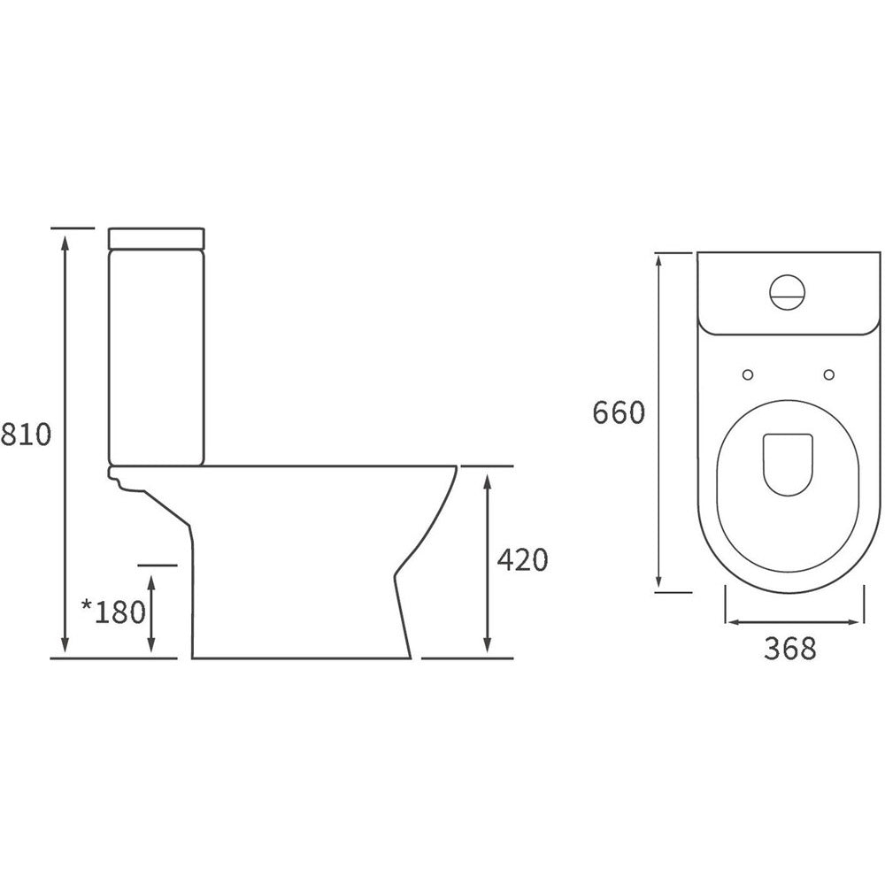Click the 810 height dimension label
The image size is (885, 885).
pyautogui.click(x=26, y=435)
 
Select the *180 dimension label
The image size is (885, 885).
pyautogui.click(x=114, y=612)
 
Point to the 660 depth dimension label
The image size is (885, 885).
pyautogui.click(x=619, y=412)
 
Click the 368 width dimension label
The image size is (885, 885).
pyautogui.click(x=790, y=649)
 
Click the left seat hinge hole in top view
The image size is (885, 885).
pyautogui.click(x=748, y=374)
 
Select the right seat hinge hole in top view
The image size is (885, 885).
pyautogui.click(x=829, y=374)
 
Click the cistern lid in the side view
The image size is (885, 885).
pyautogui.click(x=157, y=238)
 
